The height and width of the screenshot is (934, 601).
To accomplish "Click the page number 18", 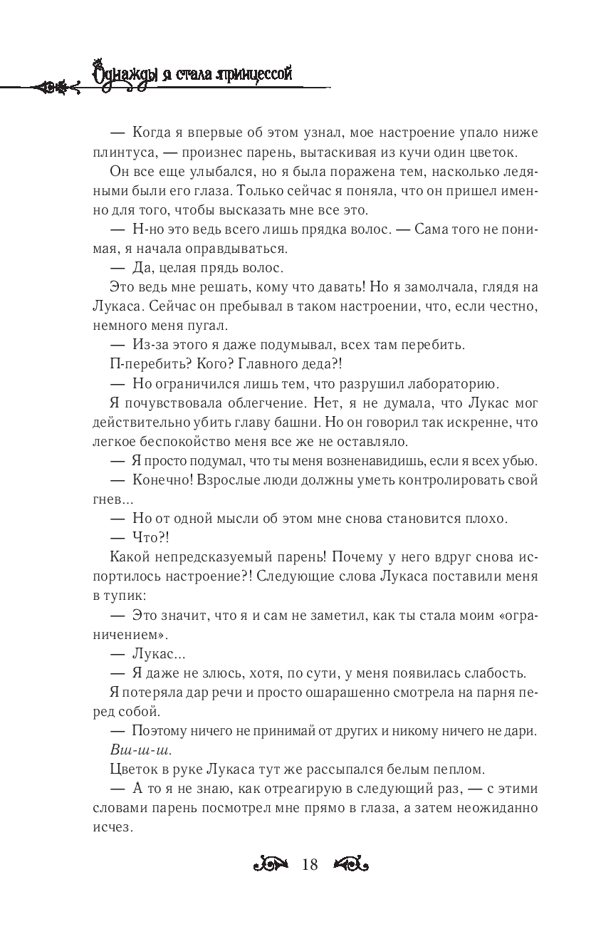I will pos(310,865).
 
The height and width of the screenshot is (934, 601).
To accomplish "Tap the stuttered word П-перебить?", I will pos(145,364).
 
